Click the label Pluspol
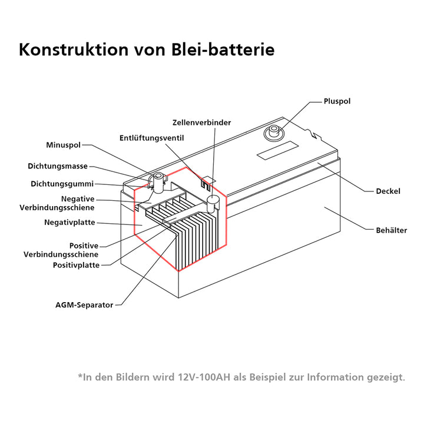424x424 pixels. pyautogui.click(x=337, y=101)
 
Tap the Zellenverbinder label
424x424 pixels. pyautogui.click(x=201, y=122)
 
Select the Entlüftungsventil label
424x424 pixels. pyautogui.click(x=152, y=138)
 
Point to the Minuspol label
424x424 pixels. pyautogui.click(x=63, y=144)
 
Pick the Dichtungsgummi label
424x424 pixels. pyautogui.click(x=62, y=184)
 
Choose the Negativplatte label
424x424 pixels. pyautogui.click(x=69, y=222)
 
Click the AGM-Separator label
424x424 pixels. pyautogui.click(x=84, y=305)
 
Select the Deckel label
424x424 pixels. pyautogui.click(x=388, y=191)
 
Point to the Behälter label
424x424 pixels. pyautogui.click(x=391, y=230)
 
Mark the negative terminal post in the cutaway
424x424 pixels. pyautogui.click(x=157, y=181)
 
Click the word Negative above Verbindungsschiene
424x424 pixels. pyautogui.click(x=78, y=199)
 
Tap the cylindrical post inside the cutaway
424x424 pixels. pyautogui.click(x=213, y=204)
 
